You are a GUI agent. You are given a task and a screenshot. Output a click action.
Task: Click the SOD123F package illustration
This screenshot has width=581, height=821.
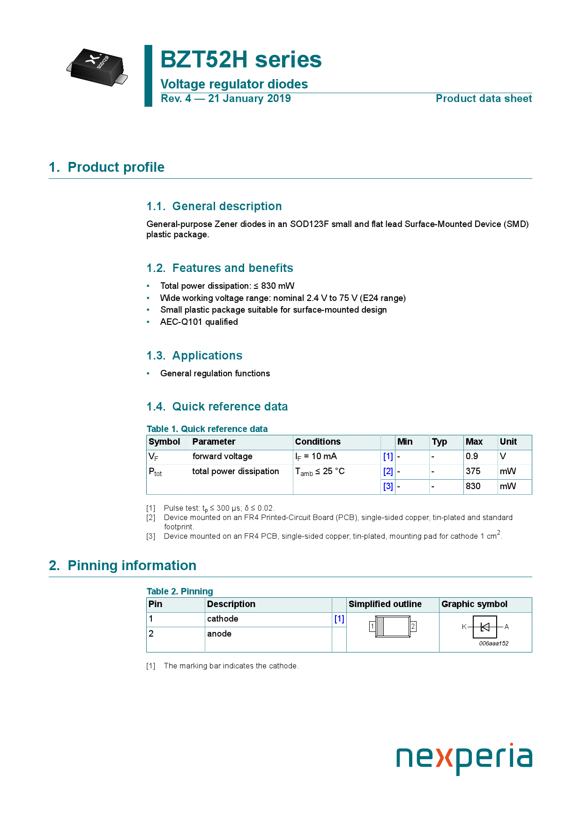97,67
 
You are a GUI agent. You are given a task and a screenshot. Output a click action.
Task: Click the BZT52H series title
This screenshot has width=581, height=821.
241,60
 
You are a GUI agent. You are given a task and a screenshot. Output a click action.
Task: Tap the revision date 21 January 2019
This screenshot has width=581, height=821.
249,99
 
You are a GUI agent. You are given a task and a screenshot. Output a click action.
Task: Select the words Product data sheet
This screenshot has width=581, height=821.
484,99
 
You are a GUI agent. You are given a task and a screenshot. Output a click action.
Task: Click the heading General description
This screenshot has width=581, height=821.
227,206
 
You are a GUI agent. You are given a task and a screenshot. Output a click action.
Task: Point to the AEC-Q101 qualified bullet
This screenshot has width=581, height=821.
199,322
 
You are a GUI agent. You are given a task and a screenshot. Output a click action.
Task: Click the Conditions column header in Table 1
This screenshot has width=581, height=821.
318,442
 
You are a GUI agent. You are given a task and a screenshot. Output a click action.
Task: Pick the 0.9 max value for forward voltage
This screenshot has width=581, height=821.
472,456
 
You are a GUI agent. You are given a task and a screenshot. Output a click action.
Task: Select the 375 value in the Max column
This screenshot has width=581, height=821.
473,471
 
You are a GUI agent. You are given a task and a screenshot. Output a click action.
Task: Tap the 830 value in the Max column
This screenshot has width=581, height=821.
473,486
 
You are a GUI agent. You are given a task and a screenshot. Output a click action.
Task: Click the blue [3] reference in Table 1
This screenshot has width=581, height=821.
388,486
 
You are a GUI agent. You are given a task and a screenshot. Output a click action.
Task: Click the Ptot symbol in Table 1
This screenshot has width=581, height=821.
155,472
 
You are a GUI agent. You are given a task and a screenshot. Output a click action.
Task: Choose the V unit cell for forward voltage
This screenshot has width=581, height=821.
503,456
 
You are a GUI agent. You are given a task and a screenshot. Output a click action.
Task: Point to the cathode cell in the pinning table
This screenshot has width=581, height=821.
223,619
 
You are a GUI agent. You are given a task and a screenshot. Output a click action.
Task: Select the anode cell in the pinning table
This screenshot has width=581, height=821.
219,634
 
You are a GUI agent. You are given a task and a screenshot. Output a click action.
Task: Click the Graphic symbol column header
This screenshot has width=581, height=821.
474,604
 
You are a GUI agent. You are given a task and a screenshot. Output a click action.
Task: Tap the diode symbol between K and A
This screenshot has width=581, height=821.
485,627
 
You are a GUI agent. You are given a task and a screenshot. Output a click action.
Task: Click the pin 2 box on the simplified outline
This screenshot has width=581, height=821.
413,626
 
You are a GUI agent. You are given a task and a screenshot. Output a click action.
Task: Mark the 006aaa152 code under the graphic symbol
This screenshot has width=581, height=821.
493,644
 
